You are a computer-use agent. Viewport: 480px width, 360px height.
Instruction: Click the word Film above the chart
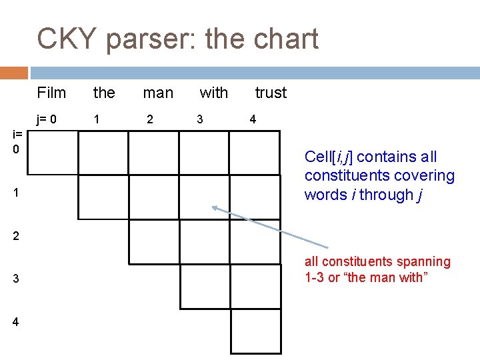[51, 93]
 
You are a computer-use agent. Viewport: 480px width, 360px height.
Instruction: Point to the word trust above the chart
[271, 93]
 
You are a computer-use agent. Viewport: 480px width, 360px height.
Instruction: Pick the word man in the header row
[158, 93]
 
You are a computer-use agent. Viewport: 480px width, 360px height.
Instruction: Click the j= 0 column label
[47, 119]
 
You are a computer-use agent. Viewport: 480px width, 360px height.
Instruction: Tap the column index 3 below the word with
[199, 119]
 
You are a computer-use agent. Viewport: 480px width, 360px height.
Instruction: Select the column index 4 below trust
[252, 119]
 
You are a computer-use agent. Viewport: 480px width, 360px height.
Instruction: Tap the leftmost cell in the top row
[53, 153]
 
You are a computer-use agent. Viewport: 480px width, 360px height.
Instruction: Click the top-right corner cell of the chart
[255, 153]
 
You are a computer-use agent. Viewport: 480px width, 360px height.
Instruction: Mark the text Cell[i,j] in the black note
[329, 157]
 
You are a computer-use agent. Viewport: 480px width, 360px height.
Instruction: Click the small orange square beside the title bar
[14, 73]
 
